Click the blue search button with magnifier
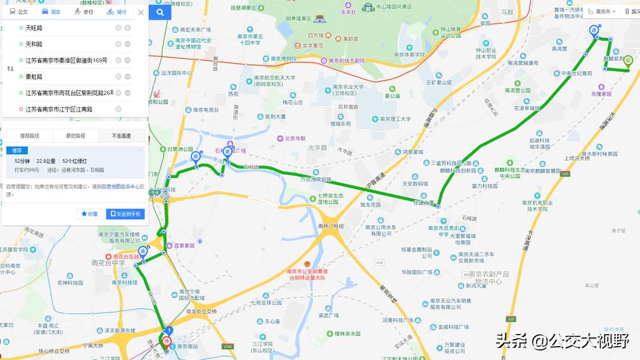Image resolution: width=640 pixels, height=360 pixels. (x=160, y=12)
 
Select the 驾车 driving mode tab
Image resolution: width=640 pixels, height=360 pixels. (x=51, y=12)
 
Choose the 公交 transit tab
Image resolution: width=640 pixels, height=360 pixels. (x=19, y=12)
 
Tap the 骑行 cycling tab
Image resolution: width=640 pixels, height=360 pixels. (x=117, y=12)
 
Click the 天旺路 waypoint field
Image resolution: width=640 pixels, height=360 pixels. (x=63, y=28)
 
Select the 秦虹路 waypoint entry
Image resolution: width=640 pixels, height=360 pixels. (x=63, y=77)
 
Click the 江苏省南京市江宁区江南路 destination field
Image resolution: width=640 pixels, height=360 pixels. (x=63, y=109)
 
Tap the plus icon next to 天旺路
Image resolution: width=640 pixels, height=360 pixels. (x=127, y=28)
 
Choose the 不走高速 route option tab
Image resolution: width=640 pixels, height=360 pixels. (x=122, y=136)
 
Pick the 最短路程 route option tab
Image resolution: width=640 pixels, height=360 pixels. (x=75, y=136)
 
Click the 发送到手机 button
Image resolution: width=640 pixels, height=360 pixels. (x=125, y=214)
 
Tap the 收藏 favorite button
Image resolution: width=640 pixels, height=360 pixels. (x=89, y=214)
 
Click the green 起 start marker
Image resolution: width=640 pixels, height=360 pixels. (x=627, y=61)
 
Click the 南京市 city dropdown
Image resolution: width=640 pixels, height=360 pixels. (x=603, y=11)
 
